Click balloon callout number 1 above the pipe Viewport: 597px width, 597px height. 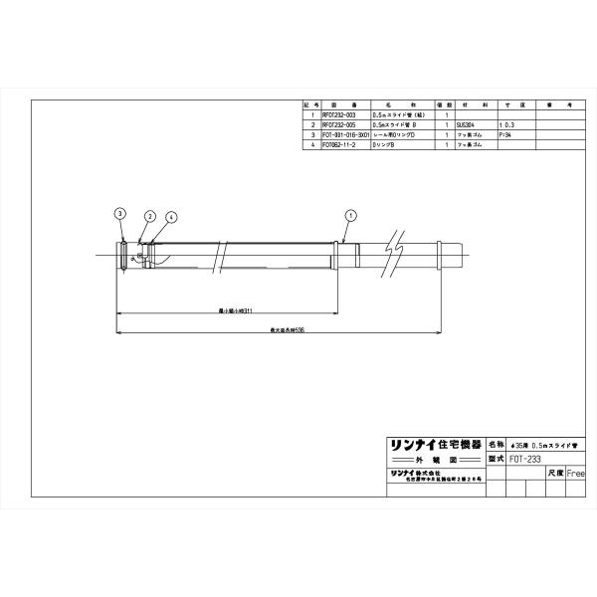click(350, 214)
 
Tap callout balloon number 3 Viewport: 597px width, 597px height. click(119, 213)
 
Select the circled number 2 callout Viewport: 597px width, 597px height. click(150, 216)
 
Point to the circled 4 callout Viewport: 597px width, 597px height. click(171, 216)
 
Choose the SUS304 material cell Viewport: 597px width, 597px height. click(479, 123)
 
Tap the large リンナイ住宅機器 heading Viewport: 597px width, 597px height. click(433, 444)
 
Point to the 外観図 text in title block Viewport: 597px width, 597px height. click(433, 461)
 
